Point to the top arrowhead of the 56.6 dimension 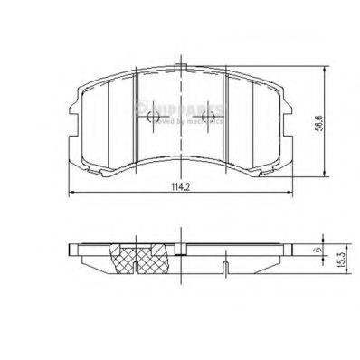pos(326,67)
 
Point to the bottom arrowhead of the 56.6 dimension pos(326,176)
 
